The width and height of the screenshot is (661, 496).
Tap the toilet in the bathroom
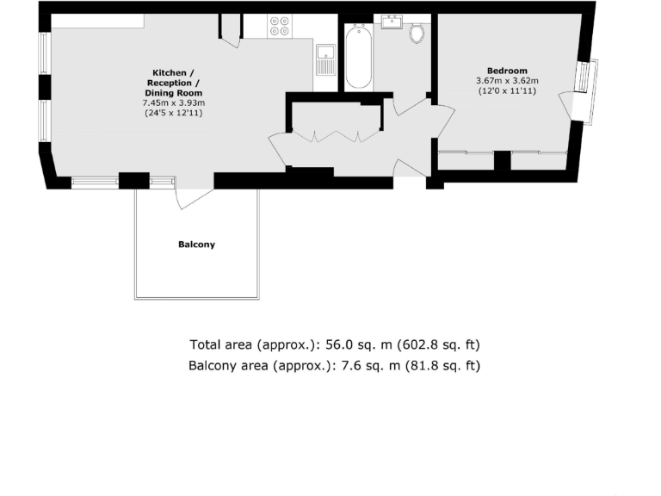tap(417, 33)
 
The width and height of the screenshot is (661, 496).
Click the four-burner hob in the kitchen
tap(280, 27)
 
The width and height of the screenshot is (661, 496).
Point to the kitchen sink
tap(325, 61)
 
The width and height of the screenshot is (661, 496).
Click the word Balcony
tap(196, 245)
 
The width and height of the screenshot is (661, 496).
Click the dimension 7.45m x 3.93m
tap(173, 103)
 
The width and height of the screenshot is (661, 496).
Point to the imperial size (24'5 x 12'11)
tap(173, 113)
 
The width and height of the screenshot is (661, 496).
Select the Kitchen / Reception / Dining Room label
tap(173, 83)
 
